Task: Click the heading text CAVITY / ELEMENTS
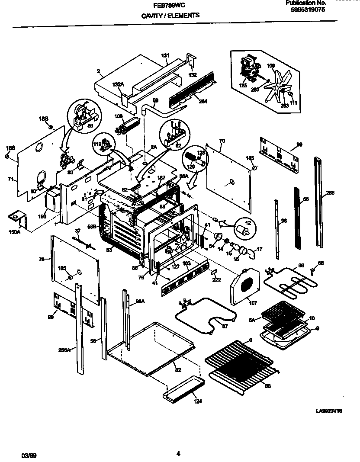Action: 170,15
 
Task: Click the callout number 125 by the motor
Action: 243,86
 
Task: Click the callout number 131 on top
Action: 165,56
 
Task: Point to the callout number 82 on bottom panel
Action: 178,370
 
